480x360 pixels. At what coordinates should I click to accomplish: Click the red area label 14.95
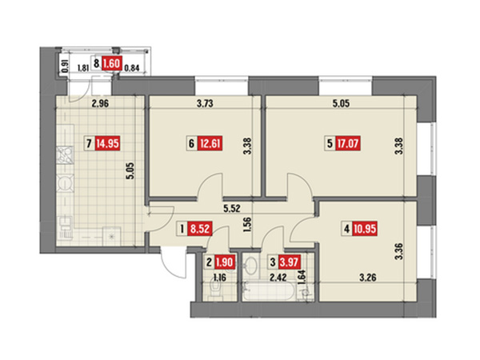tap(107, 143)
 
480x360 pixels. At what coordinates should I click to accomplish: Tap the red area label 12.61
tap(210, 143)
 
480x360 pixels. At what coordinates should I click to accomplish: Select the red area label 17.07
tap(348, 143)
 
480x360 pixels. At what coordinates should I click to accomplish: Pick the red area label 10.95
tap(365, 229)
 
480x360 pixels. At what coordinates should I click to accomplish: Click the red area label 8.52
tap(201, 229)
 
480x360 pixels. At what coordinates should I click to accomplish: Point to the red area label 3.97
tap(289, 262)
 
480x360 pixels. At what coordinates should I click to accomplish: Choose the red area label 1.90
tap(225, 262)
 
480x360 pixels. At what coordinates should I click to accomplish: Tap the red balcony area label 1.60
tap(112, 64)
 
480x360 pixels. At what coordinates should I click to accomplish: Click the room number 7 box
tap(89, 143)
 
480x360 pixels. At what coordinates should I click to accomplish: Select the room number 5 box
tap(330, 143)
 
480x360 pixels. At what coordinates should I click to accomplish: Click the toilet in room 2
tap(217, 289)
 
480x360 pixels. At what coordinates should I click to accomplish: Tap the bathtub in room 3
tap(270, 290)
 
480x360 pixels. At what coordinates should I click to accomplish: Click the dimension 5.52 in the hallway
tap(232, 209)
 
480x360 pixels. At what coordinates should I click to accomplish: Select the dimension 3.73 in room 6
tap(205, 103)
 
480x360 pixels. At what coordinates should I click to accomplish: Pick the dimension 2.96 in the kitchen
tap(101, 103)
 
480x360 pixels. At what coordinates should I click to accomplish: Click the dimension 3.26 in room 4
tap(367, 278)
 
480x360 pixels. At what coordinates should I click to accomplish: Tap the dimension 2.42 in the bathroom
tap(278, 278)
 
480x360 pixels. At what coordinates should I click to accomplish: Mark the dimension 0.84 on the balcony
tap(132, 68)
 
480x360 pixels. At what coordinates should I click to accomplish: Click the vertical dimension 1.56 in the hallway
tap(248, 226)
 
